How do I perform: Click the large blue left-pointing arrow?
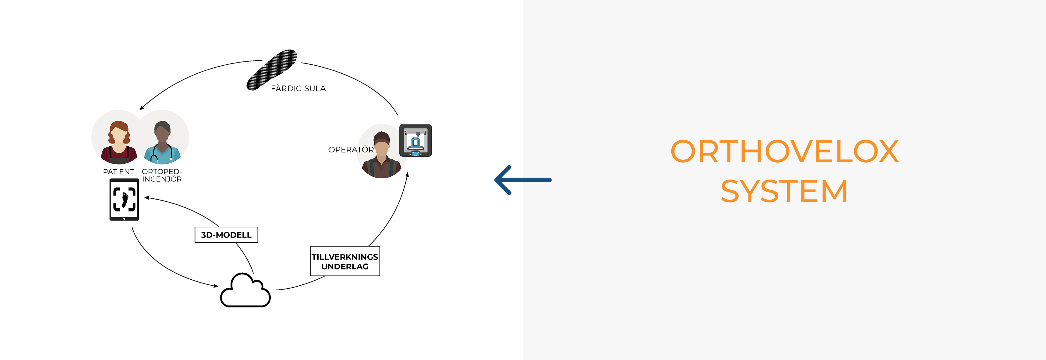click(523, 180)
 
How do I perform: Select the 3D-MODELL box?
click(226, 235)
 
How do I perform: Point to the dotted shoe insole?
click(272, 70)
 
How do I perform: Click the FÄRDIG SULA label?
click(298, 88)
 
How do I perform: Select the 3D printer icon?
click(416, 140)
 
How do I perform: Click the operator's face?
click(382, 149)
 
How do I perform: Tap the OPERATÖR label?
click(351, 150)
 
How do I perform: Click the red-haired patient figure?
click(119, 142)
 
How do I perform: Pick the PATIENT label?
click(118, 172)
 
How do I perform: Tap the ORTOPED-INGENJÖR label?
click(162, 175)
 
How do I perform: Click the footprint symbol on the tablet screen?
click(125, 200)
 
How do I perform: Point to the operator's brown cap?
click(382, 137)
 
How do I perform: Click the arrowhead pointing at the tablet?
click(147, 198)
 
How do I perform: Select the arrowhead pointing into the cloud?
click(216, 286)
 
